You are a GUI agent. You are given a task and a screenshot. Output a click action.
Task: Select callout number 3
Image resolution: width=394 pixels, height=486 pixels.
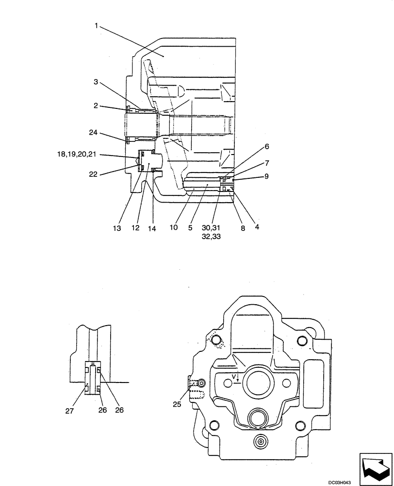[96, 83]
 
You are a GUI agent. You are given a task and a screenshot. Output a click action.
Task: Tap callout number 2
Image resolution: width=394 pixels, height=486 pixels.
[96, 105]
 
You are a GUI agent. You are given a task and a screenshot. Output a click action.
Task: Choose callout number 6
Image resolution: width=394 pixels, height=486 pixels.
[266, 146]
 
